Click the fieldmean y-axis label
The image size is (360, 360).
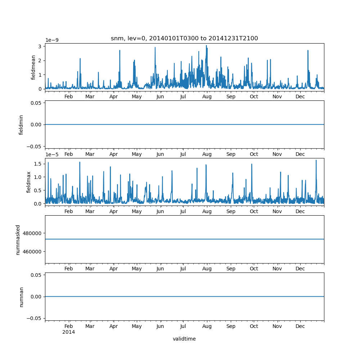point(33,67)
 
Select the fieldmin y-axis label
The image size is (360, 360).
point(21,125)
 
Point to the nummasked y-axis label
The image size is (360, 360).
point(18,239)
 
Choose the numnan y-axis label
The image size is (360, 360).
point(21,297)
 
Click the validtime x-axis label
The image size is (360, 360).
point(184,339)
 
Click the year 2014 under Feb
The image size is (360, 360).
point(69,332)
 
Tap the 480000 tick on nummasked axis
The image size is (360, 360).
point(32,233)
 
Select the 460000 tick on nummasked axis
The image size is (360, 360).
point(32,251)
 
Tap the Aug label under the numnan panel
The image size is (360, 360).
point(207,327)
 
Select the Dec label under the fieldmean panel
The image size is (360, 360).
point(300,96)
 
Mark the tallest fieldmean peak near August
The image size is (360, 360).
point(206,46)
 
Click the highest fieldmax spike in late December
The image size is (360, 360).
point(316,161)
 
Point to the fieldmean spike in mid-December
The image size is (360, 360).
point(308,51)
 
